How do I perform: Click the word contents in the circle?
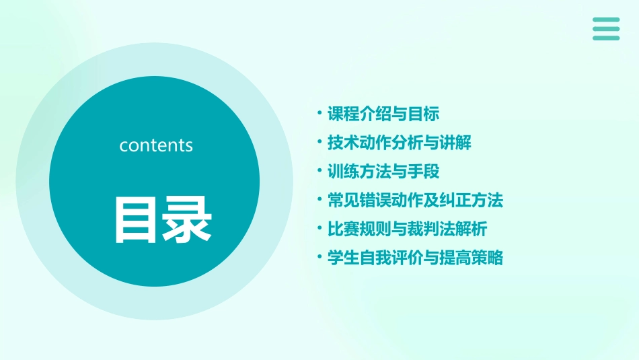click(x=156, y=145)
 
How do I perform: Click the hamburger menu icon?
click(x=606, y=29)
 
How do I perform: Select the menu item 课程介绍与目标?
click(x=383, y=114)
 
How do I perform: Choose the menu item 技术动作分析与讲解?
click(x=399, y=143)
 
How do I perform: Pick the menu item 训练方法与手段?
click(x=383, y=172)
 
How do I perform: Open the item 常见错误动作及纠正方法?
click(x=415, y=201)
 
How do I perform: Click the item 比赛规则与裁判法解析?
click(x=407, y=229)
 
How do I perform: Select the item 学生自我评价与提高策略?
click(x=415, y=258)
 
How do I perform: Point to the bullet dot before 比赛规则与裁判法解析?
click(x=319, y=228)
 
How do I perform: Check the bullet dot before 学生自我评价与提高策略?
click(x=319, y=257)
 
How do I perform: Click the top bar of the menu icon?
click(x=606, y=20)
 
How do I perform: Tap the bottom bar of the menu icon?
click(x=606, y=38)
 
